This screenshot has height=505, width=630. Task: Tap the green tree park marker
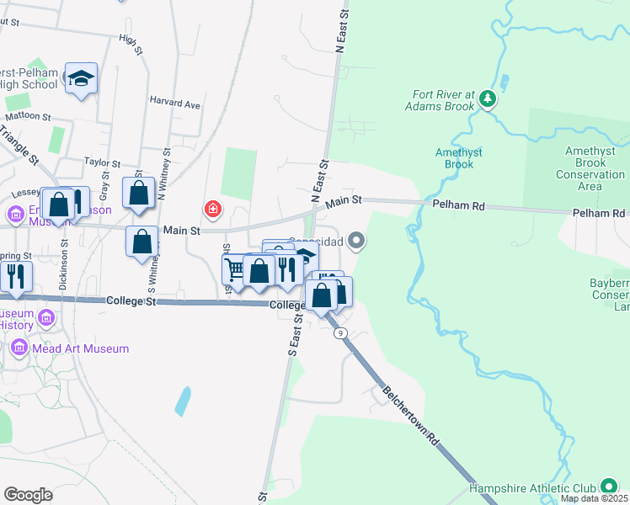487,99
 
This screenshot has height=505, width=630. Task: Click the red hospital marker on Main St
213,208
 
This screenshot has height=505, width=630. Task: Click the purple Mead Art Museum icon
19,347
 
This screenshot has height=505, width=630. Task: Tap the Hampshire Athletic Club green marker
608,487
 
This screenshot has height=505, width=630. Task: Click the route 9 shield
340,333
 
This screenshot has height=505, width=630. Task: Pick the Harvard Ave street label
175,104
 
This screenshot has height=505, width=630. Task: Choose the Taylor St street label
103,161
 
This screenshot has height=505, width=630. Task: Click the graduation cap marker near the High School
82,78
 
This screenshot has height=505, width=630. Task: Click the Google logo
29,494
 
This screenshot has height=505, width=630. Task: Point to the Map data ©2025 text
593,498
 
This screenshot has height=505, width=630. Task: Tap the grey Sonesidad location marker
357,242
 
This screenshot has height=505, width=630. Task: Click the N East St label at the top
342,30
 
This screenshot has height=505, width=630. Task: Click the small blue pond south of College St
183,401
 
